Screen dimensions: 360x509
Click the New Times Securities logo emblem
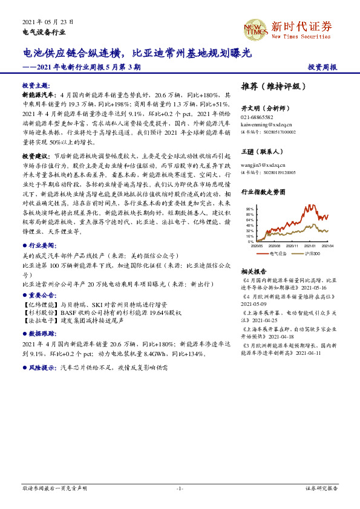pos(255,28)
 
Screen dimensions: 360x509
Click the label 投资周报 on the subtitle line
pos(322,68)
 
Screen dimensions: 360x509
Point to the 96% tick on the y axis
pos(250,209)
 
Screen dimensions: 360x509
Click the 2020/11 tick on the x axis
pos(293,246)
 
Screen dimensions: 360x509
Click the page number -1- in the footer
pos(180,487)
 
